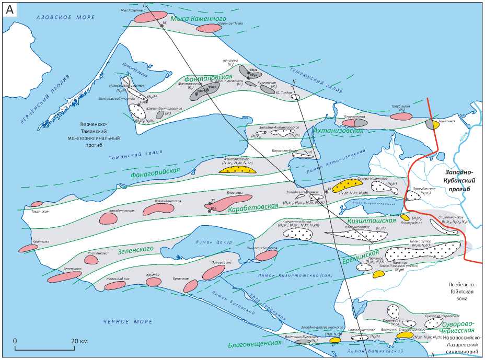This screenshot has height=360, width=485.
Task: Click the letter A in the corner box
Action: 10,10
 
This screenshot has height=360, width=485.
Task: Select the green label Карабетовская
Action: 253,207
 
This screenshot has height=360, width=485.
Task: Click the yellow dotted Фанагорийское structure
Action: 238,169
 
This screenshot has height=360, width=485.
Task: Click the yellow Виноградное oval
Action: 405,217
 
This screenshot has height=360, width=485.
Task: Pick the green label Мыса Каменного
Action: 204,18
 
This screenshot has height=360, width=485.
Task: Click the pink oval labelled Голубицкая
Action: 401,117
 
